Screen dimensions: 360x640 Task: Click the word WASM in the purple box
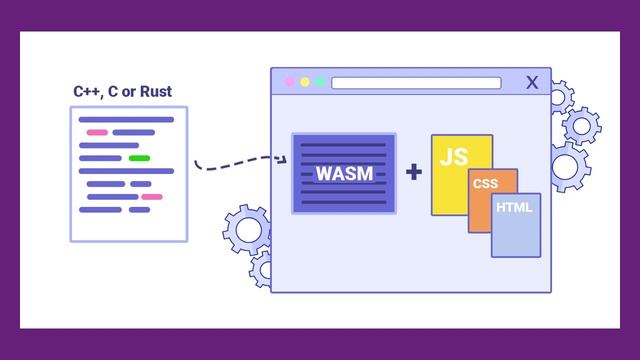(344, 173)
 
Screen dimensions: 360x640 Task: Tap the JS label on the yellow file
(453, 156)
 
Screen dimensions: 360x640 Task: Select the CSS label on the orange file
(485, 184)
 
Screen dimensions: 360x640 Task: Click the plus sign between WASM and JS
(413, 172)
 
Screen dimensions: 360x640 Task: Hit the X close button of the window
(532, 82)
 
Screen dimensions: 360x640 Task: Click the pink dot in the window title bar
(290, 82)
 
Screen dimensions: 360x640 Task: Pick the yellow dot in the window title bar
(305, 82)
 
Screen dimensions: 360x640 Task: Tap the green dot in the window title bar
(320, 82)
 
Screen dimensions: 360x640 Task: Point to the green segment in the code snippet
(139, 158)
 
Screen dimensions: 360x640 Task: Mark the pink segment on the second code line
(97, 132)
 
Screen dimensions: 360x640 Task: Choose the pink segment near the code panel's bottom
(151, 197)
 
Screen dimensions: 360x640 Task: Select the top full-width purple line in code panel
(127, 119)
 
